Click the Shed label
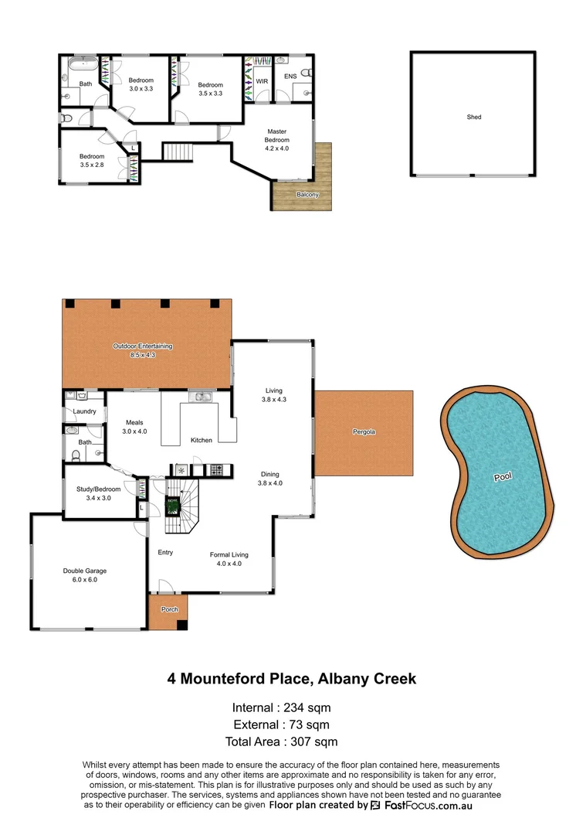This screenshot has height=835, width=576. (x=473, y=117)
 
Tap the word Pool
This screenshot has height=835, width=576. (x=503, y=477)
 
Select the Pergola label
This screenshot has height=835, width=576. (x=364, y=431)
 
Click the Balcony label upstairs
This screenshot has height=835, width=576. (x=307, y=194)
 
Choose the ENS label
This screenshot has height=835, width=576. (x=290, y=77)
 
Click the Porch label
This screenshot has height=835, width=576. (x=169, y=609)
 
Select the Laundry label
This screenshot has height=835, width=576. (x=84, y=411)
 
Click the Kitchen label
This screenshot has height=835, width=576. (x=202, y=440)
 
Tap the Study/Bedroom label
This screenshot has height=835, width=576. (x=98, y=489)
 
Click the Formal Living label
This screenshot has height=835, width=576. (x=229, y=554)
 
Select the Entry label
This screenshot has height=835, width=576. (x=165, y=552)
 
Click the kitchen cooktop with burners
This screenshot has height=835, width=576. (x=217, y=469)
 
